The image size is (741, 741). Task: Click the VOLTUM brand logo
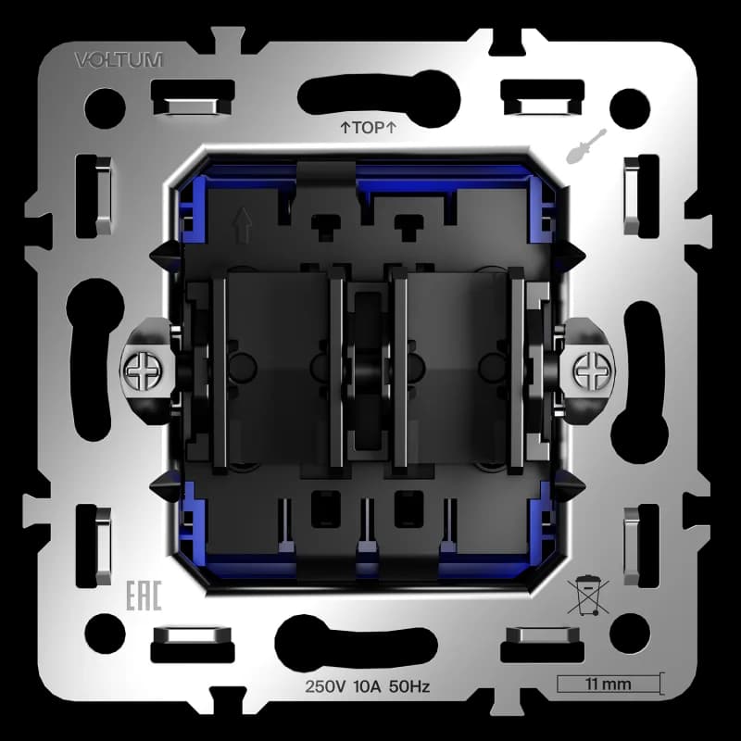[x=119, y=60]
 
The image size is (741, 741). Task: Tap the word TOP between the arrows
[x=368, y=127]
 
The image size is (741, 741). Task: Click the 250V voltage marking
[x=326, y=686]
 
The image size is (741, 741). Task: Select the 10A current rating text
[x=367, y=686]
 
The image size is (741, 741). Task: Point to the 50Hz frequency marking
[x=409, y=686]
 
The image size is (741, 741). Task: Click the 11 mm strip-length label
[x=608, y=684]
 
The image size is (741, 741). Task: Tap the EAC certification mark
[x=144, y=596]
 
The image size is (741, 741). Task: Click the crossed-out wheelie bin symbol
[x=588, y=595]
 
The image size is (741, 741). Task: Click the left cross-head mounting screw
[x=144, y=371]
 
